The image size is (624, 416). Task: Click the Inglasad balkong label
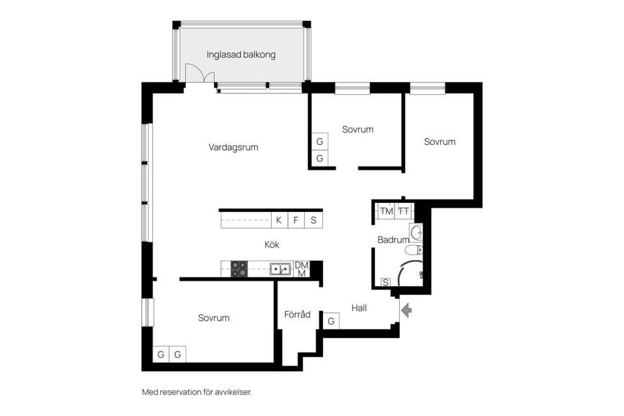click(241, 55)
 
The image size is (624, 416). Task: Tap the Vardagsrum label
click(233, 148)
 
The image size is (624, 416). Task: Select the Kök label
click(272, 245)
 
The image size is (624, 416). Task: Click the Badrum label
click(393, 240)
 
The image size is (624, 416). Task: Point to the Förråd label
click(297, 315)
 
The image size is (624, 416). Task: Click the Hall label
click(359, 308)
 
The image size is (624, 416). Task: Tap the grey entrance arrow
click(406, 311)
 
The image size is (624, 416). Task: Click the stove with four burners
click(239, 268)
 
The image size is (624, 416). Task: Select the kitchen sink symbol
click(280, 268)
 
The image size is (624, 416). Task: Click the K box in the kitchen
click(279, 220)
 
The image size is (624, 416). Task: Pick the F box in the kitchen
click(296, 220)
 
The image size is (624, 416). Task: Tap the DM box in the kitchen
click(302, 265)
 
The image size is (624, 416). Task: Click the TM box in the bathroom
click(387, 211)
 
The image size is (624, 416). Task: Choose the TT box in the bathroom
click(404, 211)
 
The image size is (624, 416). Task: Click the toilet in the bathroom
click(413, 250)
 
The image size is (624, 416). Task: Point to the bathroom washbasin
click(416, 232)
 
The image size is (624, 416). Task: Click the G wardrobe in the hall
click(331, 321)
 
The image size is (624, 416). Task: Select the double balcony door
click(200, 74)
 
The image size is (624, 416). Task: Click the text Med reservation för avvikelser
click(196, 392)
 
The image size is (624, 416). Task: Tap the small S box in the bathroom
click(385, 282)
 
